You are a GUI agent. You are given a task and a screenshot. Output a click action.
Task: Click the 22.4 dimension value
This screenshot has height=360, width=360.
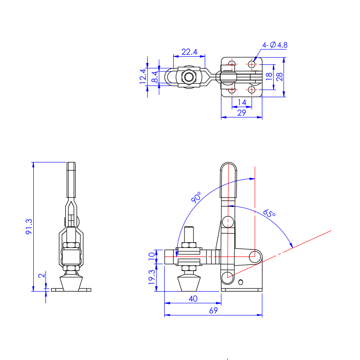coord(189,52)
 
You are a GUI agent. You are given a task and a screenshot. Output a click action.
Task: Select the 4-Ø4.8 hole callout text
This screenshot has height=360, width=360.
coord(274,45)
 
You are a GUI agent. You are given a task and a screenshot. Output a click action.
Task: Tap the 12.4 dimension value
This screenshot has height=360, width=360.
coord(143,76)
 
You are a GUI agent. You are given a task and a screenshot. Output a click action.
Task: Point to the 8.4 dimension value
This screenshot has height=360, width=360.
coord(155,77)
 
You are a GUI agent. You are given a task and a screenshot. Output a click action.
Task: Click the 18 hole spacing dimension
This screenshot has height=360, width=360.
coord(269,76)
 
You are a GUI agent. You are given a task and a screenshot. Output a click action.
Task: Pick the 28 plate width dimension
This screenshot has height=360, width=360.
coord(279,76)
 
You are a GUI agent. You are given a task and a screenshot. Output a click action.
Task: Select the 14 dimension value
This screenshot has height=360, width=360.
coord(242,102)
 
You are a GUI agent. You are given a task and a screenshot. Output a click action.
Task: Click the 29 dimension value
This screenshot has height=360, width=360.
coord(242,113)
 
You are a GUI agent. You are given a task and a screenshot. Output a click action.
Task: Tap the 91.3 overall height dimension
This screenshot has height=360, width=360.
coord(29,227)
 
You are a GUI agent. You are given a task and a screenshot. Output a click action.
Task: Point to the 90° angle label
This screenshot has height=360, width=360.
coord(196,197)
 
